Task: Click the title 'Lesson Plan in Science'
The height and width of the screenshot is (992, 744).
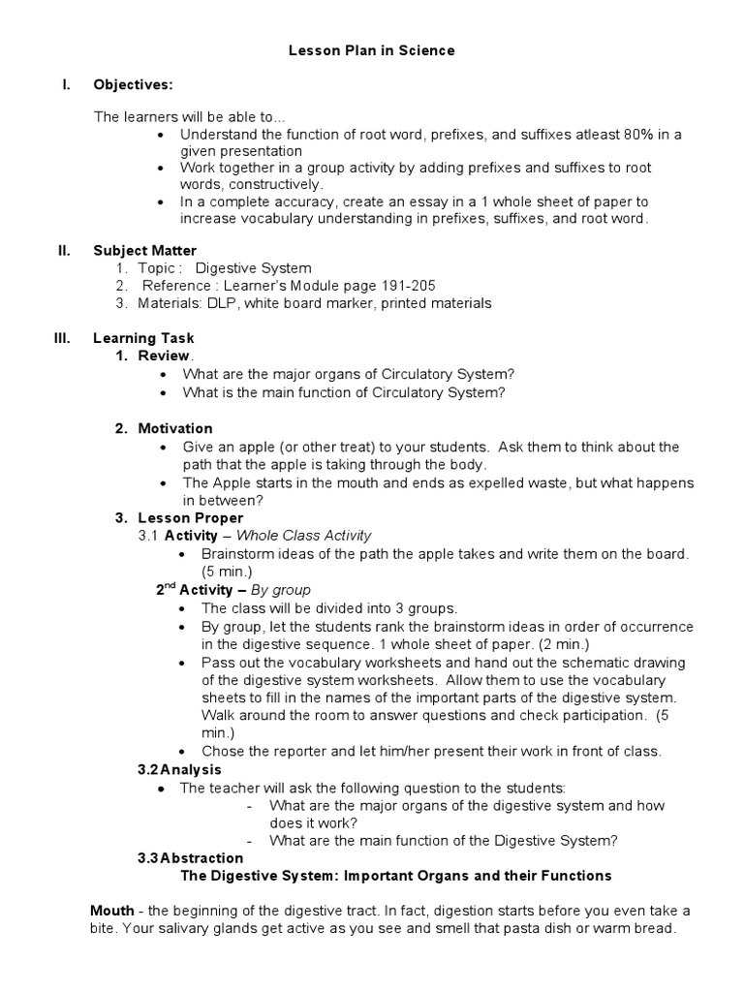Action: [x=371, y=50]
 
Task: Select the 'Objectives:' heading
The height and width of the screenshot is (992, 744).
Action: [x=133, y=84]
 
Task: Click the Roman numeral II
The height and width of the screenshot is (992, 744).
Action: [x=64, y=251]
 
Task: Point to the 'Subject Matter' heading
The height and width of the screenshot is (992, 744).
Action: [x=144, y=251]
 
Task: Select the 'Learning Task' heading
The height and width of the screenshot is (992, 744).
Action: [x=143, y=338]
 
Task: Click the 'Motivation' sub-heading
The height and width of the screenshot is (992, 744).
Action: [x=175, y=428]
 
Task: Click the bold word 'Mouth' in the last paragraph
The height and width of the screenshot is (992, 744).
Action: [x=111, y=911]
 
